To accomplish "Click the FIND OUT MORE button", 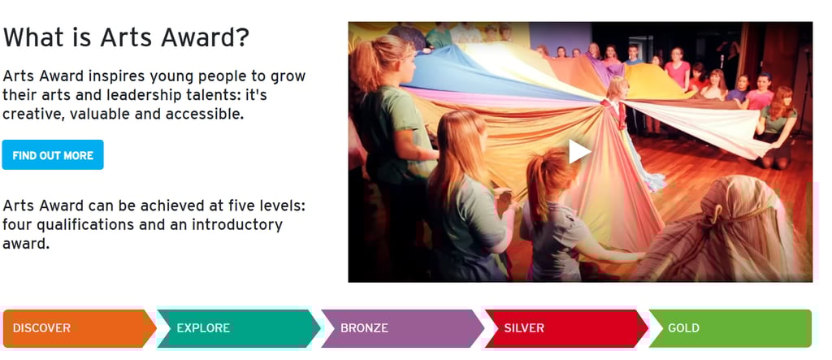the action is [53, 155].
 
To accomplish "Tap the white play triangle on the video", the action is [578, 151].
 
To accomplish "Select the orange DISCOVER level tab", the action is [80, 328].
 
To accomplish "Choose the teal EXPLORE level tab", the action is [239, 328].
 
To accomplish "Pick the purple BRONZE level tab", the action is [402, 328].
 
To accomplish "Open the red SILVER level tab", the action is [566, 328].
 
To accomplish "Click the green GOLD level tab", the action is [730, 328].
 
